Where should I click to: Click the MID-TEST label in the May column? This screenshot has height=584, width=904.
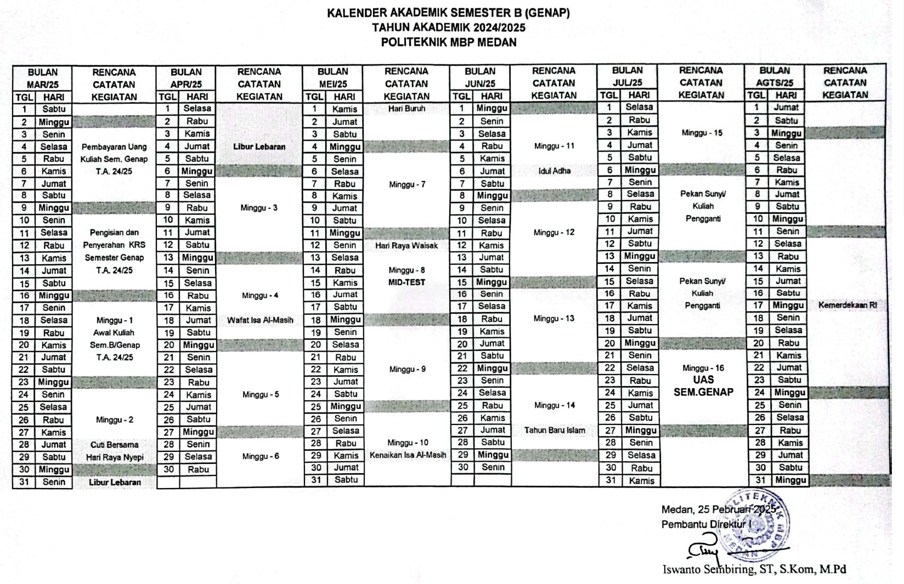point(406,283)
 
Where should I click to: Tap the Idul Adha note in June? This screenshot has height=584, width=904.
point(554,171)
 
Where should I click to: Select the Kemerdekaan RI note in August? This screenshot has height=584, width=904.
point(847,305)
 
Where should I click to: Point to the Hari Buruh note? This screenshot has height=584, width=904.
point(406,109)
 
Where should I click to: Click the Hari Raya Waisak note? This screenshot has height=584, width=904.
point(406,246)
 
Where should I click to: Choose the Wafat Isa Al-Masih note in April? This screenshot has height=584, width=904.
point(260,320)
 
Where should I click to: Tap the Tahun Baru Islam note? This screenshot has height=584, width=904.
point(554,430)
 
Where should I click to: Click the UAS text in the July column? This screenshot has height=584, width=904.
point(703,380)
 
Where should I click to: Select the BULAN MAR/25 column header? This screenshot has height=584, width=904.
point(43,78)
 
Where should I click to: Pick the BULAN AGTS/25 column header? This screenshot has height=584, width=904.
point(774,77)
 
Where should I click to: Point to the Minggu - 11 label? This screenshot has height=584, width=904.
point(554,146)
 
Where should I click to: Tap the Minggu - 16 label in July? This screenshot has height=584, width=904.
point(702,368)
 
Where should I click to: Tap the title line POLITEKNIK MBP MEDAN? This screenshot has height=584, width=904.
point(449,42)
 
